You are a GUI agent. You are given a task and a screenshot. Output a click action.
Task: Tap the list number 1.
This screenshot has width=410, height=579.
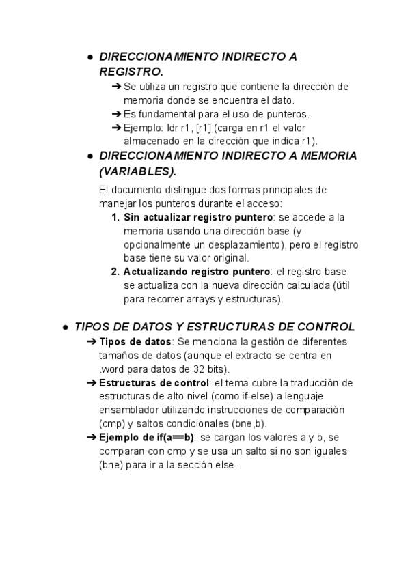[115, 217]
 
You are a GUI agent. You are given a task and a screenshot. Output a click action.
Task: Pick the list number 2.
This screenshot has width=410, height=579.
[115, 272]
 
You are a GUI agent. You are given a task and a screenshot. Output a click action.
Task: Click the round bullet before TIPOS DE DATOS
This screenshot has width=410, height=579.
[65, 327]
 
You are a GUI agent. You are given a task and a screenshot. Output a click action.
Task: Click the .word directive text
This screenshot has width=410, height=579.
[111, 369]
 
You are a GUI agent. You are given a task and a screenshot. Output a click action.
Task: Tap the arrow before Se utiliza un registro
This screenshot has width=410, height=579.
[115, 87]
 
